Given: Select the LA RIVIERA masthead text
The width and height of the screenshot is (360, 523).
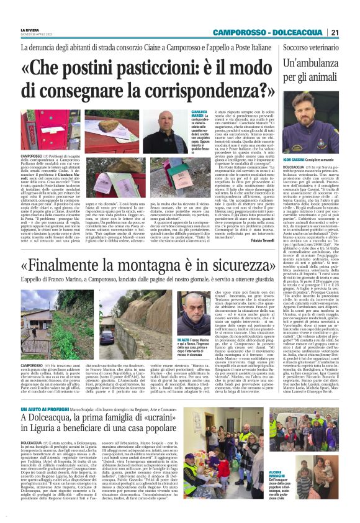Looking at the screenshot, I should [x=30, y=29].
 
